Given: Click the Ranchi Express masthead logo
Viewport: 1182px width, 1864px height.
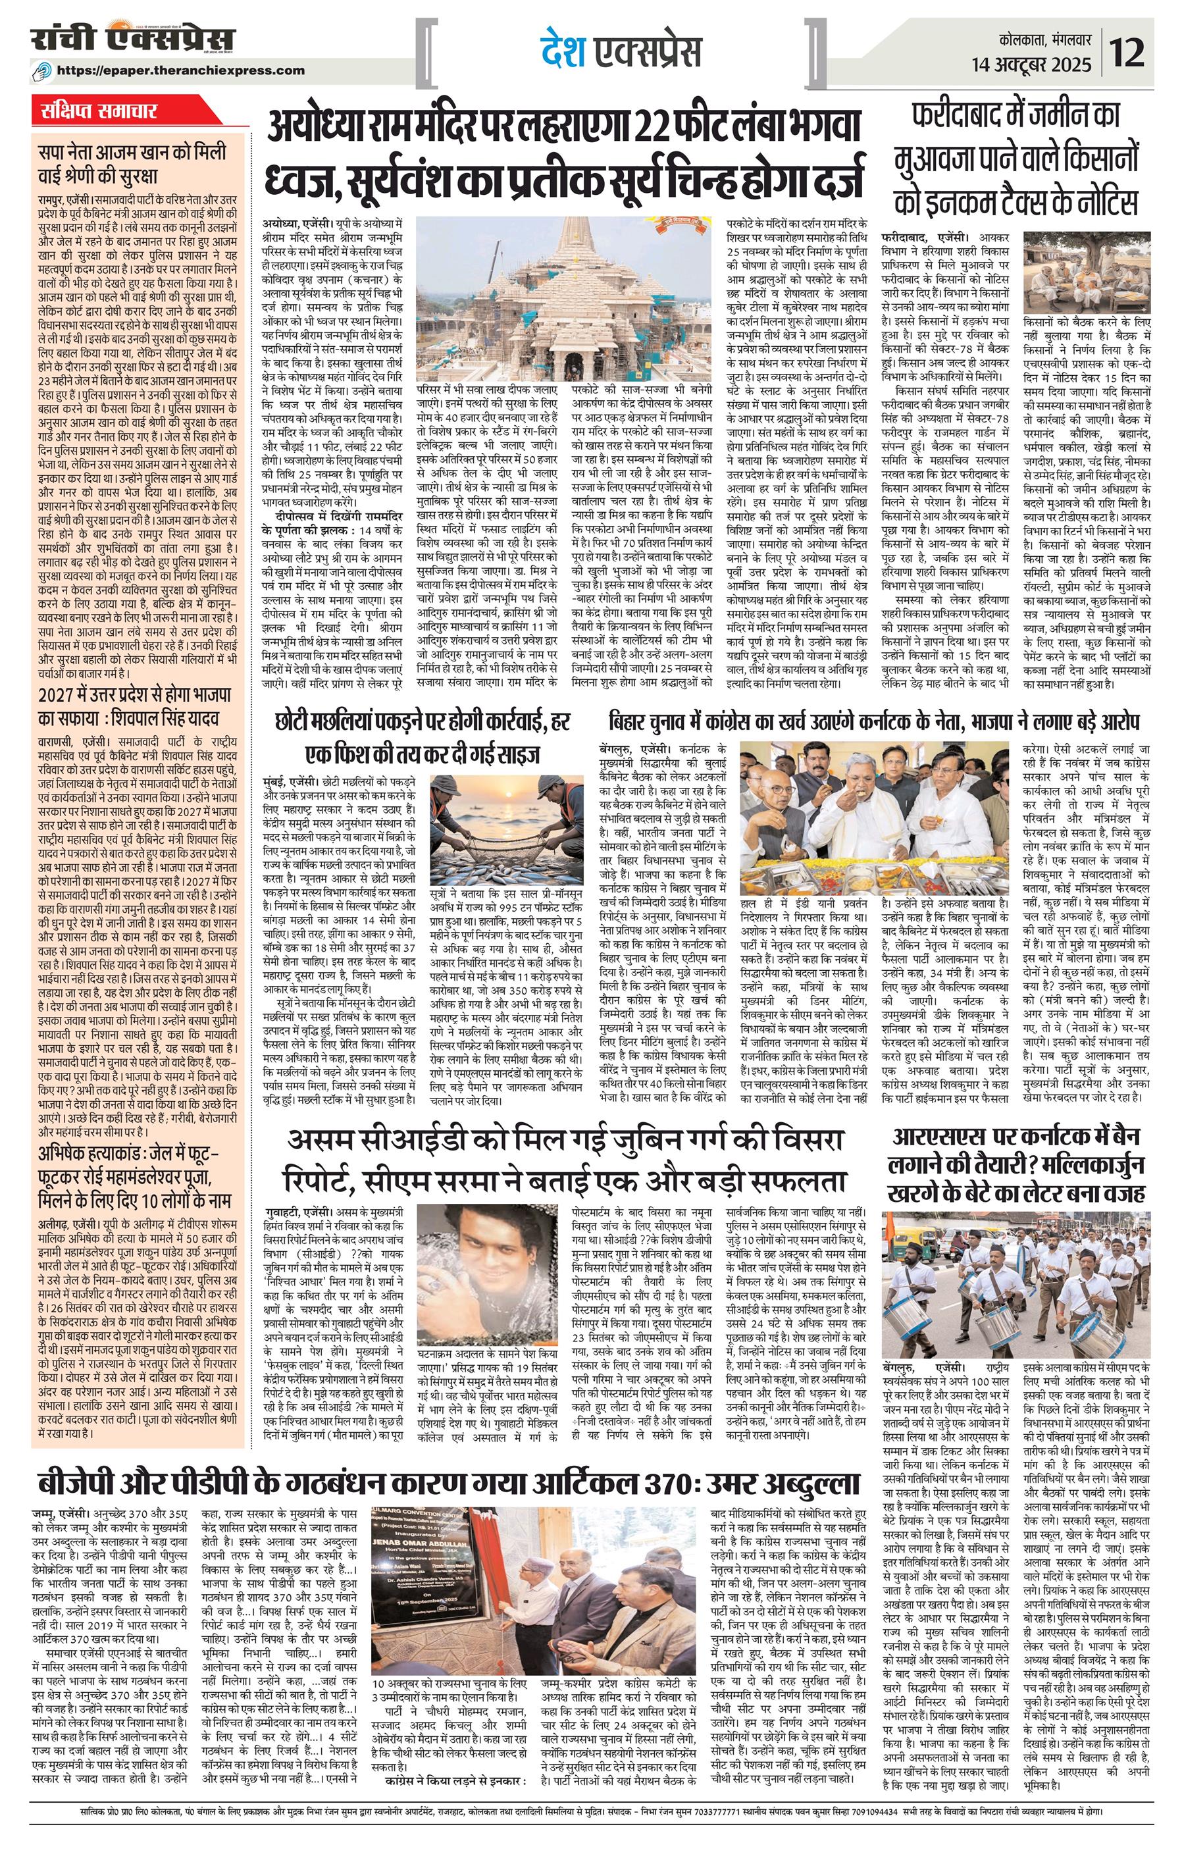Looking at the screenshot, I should pos(133,39).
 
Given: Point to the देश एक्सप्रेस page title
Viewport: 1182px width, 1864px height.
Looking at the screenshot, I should pos(621,52).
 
